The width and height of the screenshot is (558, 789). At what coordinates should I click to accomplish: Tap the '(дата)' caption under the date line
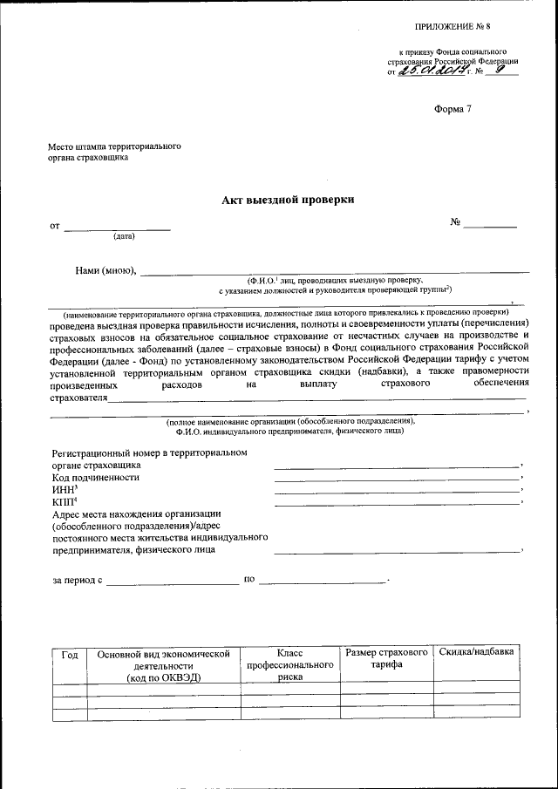coord(123,236)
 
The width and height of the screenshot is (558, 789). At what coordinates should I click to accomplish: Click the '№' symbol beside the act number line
coord(454,223)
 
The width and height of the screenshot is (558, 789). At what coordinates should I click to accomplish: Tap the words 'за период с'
coord(77,579)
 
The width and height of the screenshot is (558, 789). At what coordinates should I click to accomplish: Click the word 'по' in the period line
coord(249,579)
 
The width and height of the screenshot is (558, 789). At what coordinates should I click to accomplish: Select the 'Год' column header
coord(70,654)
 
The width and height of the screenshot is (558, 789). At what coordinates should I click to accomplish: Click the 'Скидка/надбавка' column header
coord(476,652)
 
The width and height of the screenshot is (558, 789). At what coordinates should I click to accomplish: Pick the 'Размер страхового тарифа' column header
coord(385,658)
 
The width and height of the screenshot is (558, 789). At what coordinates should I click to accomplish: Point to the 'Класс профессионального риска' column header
coord(289,663)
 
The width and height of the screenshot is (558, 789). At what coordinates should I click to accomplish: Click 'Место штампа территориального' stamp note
coord(114,147)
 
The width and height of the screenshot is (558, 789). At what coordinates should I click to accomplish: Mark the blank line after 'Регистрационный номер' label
coord(396,468)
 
